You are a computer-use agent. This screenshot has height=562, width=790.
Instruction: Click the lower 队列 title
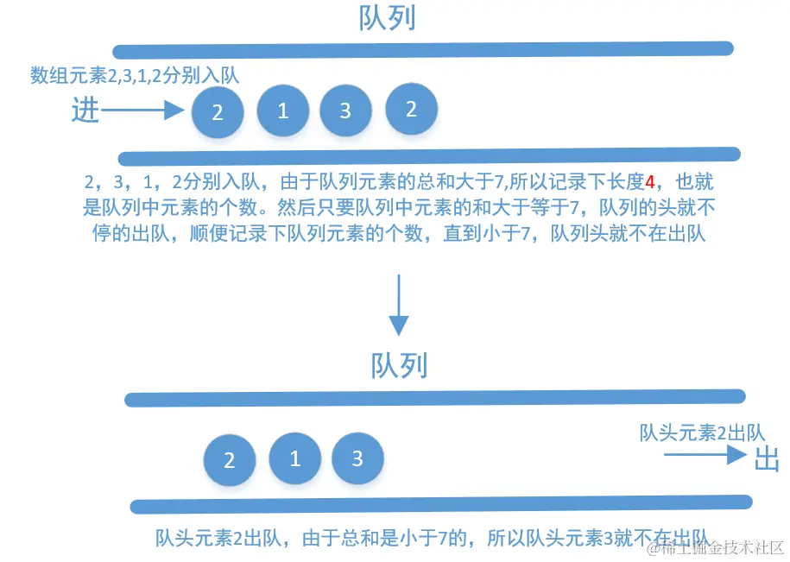pos(399,366)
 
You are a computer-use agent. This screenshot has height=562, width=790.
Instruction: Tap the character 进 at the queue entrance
pos(85,111)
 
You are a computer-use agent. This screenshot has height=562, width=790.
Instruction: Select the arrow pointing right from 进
pos(143,111)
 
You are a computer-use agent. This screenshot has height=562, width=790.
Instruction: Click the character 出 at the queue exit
pos(767,459)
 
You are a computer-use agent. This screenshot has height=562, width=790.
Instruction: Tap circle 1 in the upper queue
pos(282,111)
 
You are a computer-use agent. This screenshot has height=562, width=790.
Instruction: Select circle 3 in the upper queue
pos(345,111)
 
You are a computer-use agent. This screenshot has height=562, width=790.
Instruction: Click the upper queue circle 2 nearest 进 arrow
pos(218,113)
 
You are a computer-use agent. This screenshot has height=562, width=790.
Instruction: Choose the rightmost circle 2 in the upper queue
pos(411,110)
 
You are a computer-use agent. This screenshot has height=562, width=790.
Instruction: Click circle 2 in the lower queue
pos(230,460)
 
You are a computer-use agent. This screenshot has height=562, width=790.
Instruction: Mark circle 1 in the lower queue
pos(294,458)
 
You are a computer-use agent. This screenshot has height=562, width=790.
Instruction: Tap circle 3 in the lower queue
pos(357,458)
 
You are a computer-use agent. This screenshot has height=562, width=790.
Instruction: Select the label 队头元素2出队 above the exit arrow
pos(702,433)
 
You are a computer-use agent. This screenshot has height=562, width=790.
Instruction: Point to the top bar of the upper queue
pos(423,50)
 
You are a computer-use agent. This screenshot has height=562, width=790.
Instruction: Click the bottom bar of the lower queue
pos(440,504)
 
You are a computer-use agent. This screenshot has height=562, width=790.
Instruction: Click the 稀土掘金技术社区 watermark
pos(717,547)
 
